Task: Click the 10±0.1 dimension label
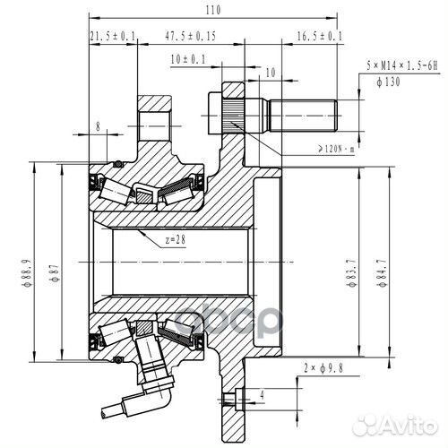pyautogui.click(x=186, y=59)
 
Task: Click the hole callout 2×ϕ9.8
pyautogui.click(x=323, y=367)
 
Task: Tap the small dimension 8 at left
pyautogui.click(x=97, y=127)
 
